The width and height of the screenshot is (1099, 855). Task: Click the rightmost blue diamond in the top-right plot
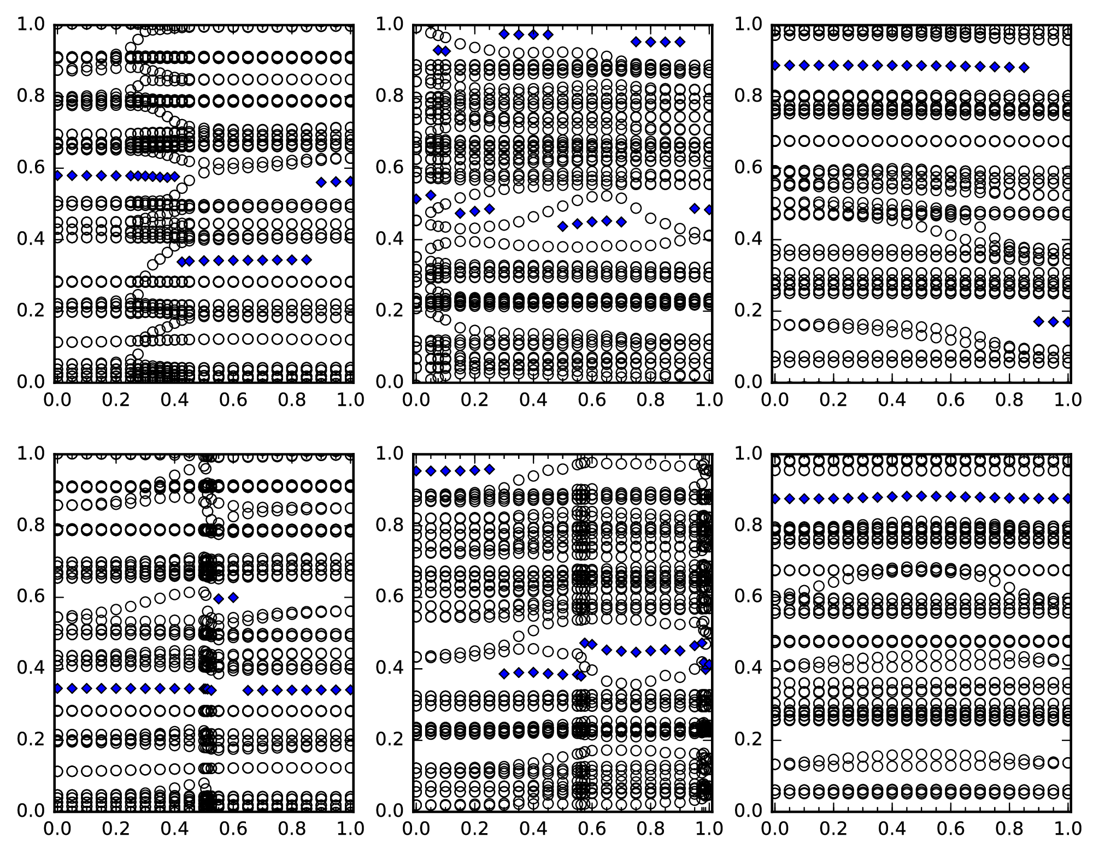[1068, 322]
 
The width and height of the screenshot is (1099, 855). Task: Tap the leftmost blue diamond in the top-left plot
[57, 175]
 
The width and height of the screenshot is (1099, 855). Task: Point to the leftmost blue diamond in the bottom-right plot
[774, 498]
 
